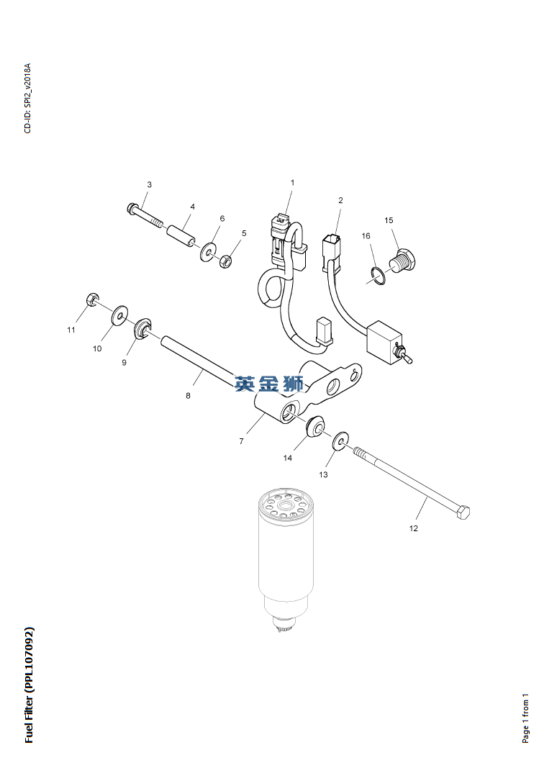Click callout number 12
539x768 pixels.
tap(413, 529)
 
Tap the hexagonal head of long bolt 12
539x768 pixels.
tap(463, 512)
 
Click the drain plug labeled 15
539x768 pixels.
tap(402, 259)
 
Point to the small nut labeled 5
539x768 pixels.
tap(225, 260)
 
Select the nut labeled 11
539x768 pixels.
tap(92, 299)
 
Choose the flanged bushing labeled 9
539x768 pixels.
tap(143, 329)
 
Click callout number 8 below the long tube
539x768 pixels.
tap(189, 395)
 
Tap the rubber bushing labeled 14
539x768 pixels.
tap(314, 425)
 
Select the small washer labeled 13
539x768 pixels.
tap(340, 439)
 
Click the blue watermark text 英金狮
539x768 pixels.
tap(269, 384)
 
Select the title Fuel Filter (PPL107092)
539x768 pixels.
tap(29, 685)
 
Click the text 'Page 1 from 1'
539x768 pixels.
tap(525, 718)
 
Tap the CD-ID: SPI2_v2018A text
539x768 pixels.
tap(27, 99)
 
